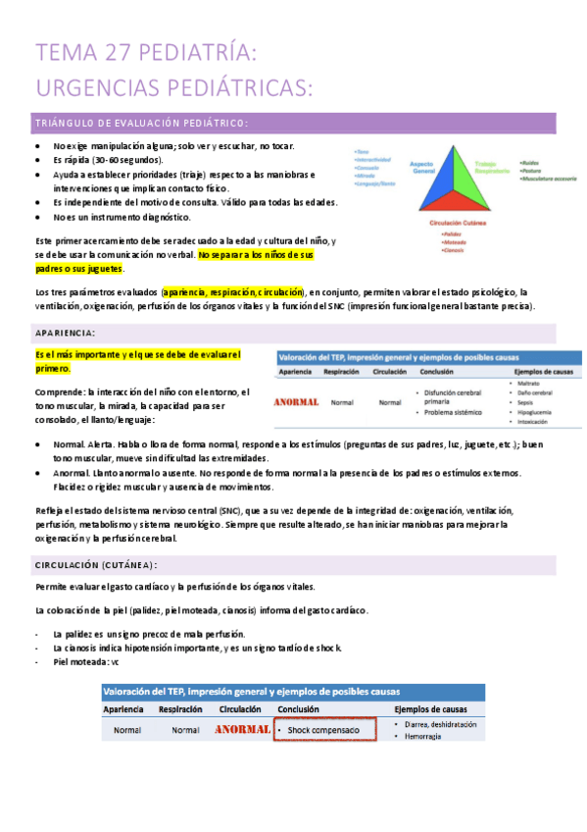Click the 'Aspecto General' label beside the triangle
coord(423,167)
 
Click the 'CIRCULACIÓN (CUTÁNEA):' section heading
coord(95,566)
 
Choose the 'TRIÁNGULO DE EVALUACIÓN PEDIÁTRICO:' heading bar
coord(141,123)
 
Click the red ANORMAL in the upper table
coord(296,402)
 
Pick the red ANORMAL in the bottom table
coord(242,730)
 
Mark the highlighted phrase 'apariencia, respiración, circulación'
coord(233,291)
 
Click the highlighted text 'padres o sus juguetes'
coord(78,268)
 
